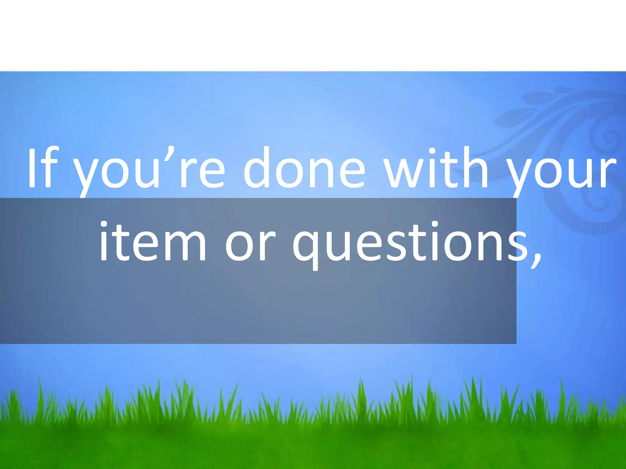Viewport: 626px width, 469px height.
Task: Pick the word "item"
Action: pyautogui.click(x=153, y=241)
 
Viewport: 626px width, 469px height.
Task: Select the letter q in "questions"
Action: pyautogui.click(x=309, y=249)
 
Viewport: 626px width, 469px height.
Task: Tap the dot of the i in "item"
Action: pyautogui.click(x=103, y=224)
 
